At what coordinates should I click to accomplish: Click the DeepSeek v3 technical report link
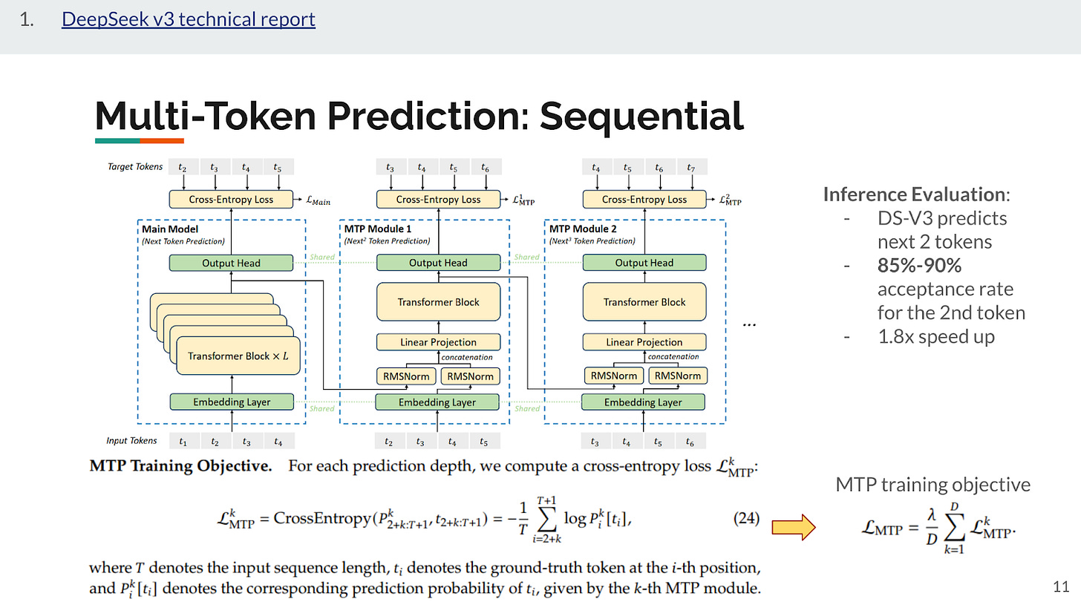click(189, 19)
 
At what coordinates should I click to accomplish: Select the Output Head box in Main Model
click(232, 263)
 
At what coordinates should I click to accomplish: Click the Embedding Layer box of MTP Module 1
click(438, 402)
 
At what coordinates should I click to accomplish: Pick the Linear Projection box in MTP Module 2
click(644, 342)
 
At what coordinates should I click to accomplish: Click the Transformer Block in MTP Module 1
click(438, 302)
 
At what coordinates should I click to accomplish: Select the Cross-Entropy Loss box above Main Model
click(232, 199)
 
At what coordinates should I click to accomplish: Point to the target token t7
click(691, 166)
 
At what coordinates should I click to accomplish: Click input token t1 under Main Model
click(183, 442)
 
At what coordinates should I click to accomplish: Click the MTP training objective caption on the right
click(933, 485)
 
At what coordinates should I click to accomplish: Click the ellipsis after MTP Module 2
click(750, 324)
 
